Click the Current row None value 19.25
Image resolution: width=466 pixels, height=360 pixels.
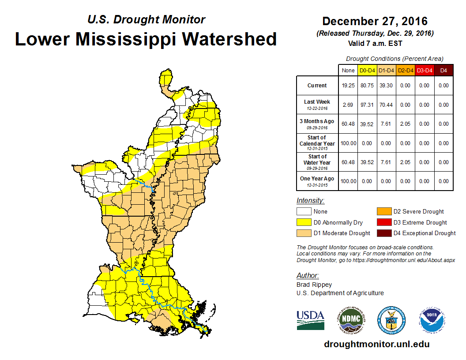348,86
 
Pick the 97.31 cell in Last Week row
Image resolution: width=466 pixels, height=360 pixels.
367,105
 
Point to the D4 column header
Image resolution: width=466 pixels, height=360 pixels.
443,71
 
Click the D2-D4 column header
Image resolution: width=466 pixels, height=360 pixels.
406,71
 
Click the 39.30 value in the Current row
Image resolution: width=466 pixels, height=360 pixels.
386,86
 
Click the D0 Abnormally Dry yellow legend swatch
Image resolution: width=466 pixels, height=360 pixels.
304,222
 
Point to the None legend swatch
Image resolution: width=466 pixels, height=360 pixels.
304,212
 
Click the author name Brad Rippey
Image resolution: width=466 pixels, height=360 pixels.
314,285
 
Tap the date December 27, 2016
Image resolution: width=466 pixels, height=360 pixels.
375,21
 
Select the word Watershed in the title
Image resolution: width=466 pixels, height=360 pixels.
229,39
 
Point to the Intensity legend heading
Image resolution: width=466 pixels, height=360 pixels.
310,201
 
